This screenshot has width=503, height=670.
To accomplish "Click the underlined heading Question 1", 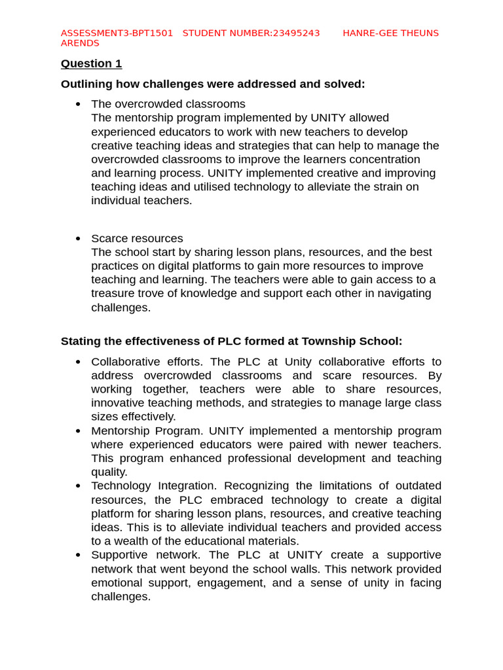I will (x=91, y=63).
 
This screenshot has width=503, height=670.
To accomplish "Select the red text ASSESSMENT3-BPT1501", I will (x=117, y=33).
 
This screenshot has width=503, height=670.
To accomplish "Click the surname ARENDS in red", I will (x=80, y=43).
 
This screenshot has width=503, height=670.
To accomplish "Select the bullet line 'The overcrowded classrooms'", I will (x=168, y=104).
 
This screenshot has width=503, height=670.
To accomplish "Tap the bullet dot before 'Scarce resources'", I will (x=78, y=239).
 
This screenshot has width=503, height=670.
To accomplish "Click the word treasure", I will (x=114, y=293).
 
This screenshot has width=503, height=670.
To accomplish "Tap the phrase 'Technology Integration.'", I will (x=153, y=485).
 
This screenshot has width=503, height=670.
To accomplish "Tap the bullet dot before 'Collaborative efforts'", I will (x=78, y=362).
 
